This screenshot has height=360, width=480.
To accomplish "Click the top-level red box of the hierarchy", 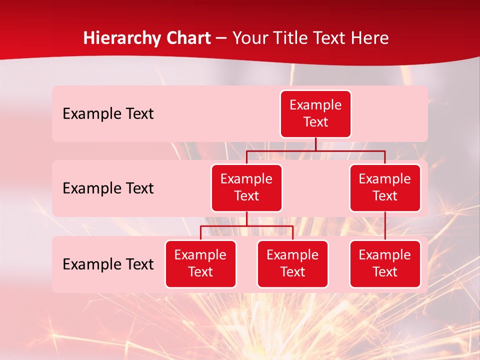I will [315, 114].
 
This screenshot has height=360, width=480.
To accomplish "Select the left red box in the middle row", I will [246, 188].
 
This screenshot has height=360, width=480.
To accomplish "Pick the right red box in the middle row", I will [385, 188].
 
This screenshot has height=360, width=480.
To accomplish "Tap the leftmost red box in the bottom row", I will [200, 264].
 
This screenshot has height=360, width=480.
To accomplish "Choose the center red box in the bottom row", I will [292, 264].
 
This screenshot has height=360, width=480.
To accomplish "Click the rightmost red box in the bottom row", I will [385, 264].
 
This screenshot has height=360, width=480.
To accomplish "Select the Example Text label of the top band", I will [108, 114].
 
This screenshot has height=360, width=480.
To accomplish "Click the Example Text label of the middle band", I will [108, 188].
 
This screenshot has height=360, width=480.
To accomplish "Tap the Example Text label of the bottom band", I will [108, 264].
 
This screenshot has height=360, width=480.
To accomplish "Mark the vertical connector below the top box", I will [315, 144].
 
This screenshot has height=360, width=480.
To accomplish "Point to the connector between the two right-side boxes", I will [385, 226].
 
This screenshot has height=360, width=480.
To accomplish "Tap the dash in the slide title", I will [221, 38].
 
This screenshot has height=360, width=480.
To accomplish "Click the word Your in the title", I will [249, 38].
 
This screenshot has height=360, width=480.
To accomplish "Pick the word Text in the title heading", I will [329, 38].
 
